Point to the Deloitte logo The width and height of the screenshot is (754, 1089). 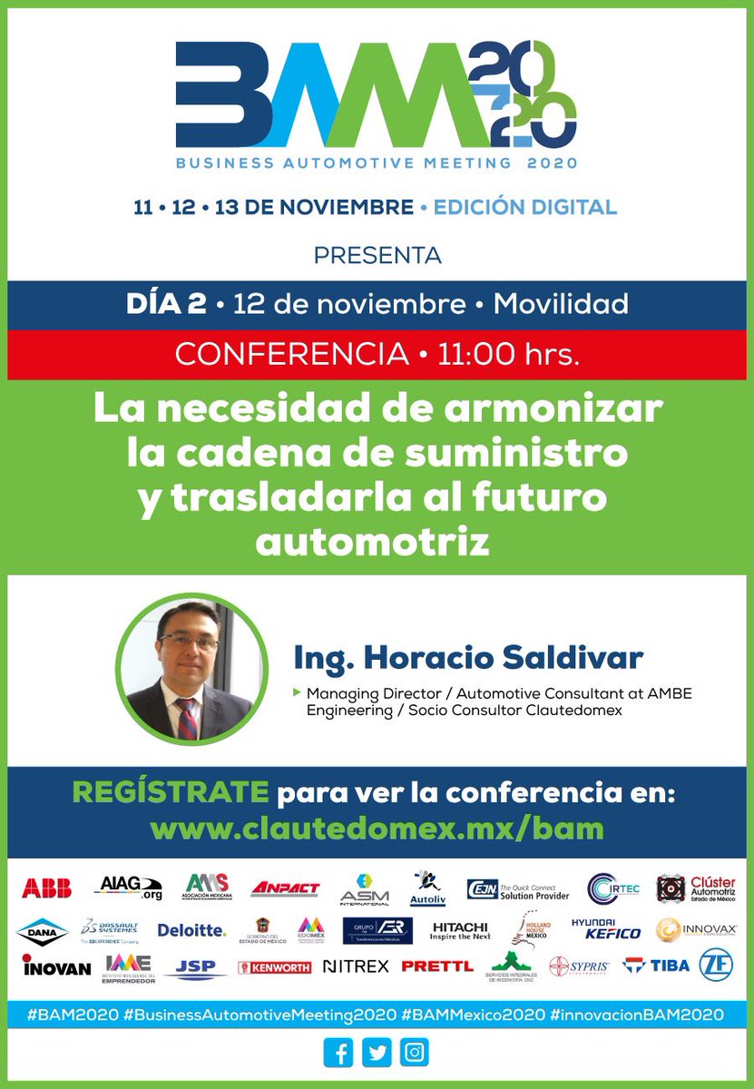191,930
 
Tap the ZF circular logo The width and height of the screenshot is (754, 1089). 717,965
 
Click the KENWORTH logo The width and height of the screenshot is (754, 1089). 274,967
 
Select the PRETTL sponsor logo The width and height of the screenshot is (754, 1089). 436,966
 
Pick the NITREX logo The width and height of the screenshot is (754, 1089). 356,966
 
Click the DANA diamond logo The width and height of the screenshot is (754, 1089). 42,930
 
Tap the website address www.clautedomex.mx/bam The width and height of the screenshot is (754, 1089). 377,828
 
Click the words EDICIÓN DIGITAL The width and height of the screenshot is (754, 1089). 524,207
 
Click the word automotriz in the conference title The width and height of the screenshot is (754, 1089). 372,543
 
